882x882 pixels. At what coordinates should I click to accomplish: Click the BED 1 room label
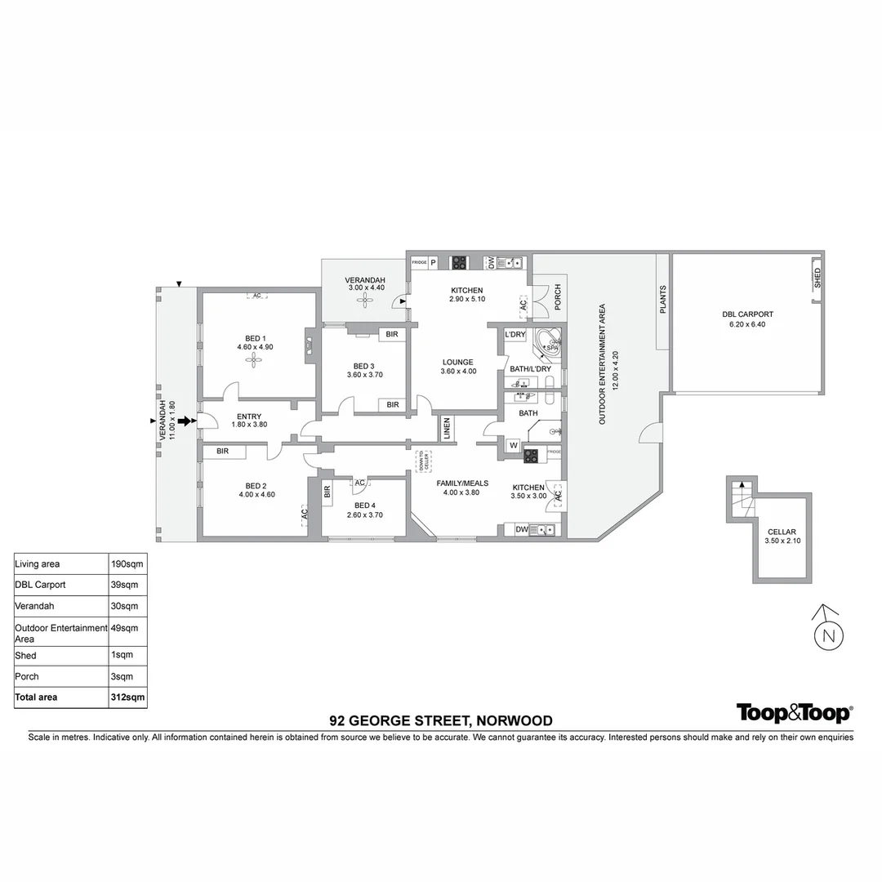(x=256, y=338)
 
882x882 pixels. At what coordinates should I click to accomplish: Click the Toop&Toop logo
(x=794, y=713)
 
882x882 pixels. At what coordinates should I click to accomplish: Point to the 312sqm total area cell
(x=127, y=697)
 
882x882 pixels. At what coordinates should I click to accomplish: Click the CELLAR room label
(x=781, y=532)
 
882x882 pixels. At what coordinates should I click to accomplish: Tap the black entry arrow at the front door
(x=187, y=421)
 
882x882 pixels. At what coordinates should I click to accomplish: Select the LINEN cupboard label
(x=447, y=429)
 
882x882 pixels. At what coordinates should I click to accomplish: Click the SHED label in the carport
(x=817, y=278)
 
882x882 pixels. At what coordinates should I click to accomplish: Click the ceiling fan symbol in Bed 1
(x=256, y=359)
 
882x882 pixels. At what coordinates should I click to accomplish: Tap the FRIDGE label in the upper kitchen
(x=419, y=263)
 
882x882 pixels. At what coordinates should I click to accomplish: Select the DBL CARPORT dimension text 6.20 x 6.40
(x=747, y=324)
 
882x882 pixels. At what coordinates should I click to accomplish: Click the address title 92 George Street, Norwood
(x=441, y=720)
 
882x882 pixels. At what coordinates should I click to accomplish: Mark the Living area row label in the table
(x=38, y=563)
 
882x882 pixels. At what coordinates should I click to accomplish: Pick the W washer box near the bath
(x=514, y=445)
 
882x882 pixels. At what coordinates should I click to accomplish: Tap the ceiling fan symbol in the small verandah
(x=364, y=301)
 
